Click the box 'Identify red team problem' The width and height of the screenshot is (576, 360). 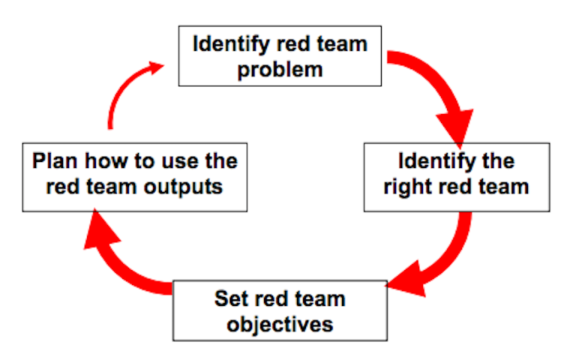tap(279, 55)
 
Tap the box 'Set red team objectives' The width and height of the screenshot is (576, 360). tap(280, 310)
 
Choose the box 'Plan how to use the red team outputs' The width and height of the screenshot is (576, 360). tap(134, 175)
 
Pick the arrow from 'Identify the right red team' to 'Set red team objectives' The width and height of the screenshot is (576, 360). tap(442, 255)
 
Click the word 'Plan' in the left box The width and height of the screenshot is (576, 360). tap(55, 161)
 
